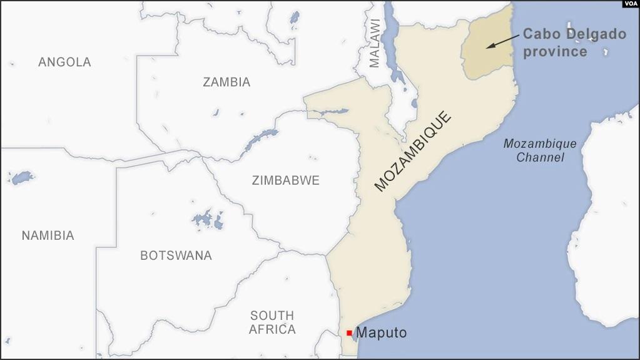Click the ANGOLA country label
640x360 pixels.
64,62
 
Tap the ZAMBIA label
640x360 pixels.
226,82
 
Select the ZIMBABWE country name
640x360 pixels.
285,180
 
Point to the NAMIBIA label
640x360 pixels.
48,235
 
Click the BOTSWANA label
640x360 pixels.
176,255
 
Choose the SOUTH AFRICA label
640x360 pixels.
272,322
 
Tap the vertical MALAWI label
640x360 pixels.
374,43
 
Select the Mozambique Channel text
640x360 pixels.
540,150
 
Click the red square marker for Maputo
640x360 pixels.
349,332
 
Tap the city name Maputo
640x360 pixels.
381,333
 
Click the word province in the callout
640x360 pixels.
555,51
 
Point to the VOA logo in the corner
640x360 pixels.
630,4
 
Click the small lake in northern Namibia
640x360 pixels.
23,178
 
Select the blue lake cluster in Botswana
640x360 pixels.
208,220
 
